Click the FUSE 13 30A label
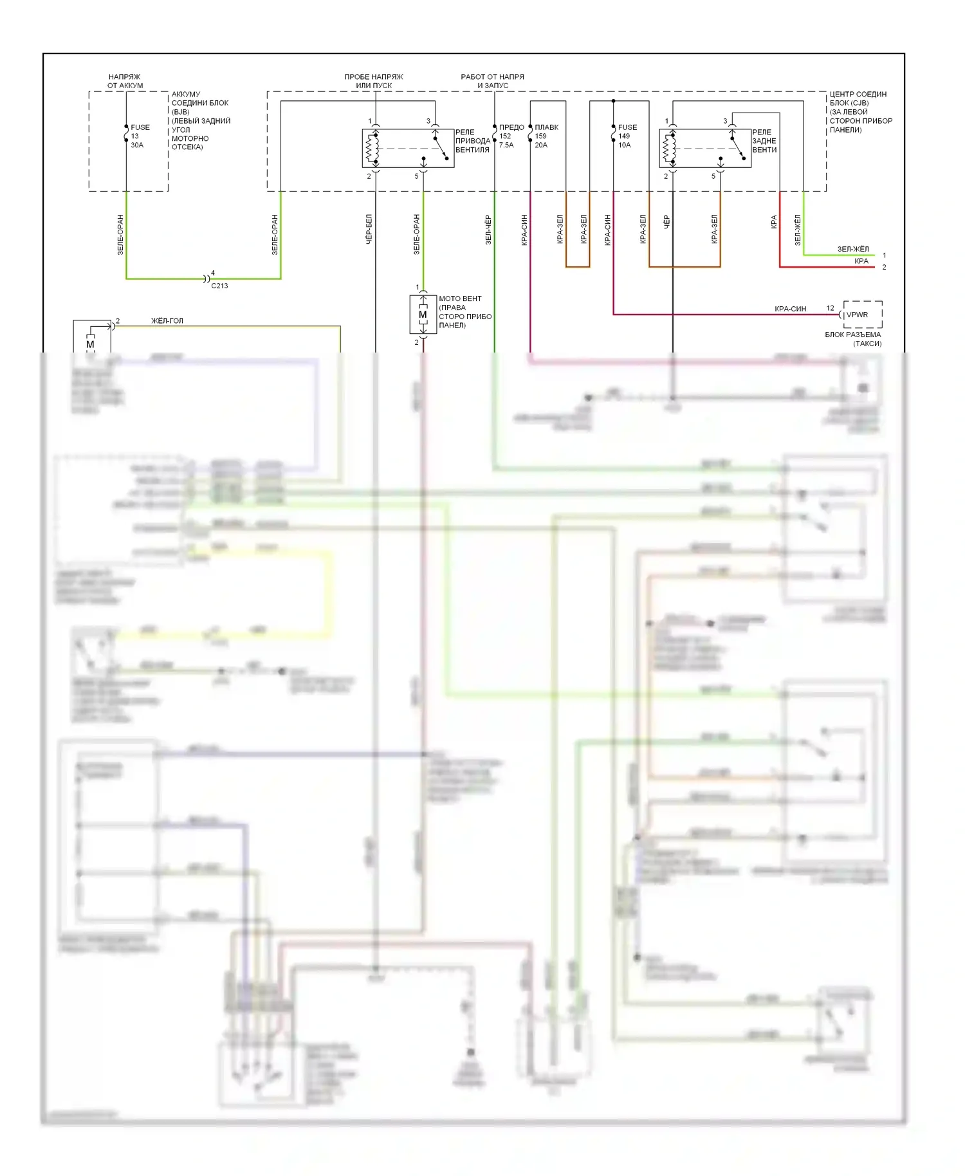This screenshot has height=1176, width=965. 140,136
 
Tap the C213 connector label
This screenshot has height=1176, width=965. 219,286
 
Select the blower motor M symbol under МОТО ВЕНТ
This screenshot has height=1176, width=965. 423,315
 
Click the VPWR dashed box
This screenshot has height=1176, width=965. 862,315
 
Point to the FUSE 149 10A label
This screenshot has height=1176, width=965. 627,136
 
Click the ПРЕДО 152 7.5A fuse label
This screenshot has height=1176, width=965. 511,136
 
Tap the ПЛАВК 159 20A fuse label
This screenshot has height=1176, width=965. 546,136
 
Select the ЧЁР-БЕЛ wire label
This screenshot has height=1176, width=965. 369,229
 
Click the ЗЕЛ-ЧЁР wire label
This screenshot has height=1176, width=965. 488,229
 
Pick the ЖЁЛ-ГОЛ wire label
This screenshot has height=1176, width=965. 167,320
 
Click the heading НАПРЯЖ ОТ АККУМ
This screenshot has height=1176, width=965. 125,81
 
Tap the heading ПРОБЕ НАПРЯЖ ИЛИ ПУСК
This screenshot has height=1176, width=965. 374,81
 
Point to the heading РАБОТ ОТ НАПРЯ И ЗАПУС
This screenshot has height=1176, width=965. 493,81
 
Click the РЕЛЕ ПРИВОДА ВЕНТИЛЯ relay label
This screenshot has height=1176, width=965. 472,141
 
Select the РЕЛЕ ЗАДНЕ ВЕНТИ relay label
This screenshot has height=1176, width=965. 764,141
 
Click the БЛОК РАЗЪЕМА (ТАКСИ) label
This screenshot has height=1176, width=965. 853,339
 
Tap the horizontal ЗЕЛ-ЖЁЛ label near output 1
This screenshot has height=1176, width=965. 853,249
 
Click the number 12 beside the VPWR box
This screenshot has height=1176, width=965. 830,308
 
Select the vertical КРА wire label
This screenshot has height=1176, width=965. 774,222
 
